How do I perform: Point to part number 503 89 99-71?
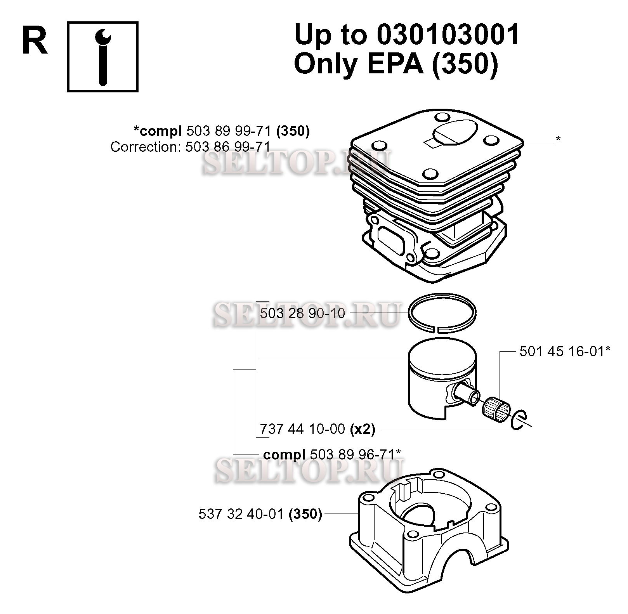(x=229, y=131)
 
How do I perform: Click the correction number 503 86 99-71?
(x=228, y=147)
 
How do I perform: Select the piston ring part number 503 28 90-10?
(x=302, y=313)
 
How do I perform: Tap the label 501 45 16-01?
(x=562, y=352)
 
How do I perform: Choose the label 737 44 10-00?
(x=302, y=428)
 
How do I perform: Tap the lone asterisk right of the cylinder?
(x=558, y=139)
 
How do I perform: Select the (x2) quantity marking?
(x=363, y=429)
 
